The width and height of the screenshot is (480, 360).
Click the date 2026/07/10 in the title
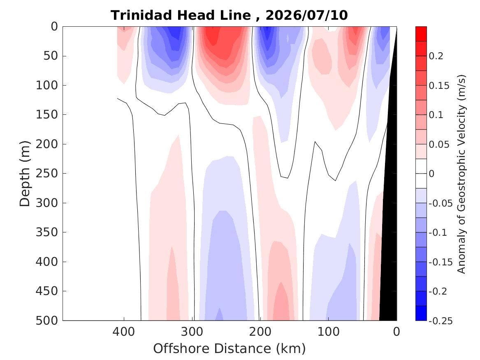(x=306, y=15)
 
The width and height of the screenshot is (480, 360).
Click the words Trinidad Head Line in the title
(x=181, y=15)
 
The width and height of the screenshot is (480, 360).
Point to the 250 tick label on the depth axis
(x=47, y=173)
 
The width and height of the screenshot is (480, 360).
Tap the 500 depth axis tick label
(x=47, y=321)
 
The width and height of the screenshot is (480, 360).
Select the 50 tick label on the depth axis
(x=51, y=56)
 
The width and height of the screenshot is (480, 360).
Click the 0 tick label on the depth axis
(x=54, y=27)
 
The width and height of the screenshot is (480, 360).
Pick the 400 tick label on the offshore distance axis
(x=124, y=332)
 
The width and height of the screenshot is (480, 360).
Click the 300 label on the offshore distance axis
(x=192, y=332)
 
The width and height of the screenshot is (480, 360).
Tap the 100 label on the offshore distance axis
(x=329, y=332)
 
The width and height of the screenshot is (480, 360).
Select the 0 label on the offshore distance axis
(x=397, y=332)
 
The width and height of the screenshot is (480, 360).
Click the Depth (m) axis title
(x=25, y=174)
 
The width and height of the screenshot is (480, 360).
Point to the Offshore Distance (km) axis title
(x=230, y=348)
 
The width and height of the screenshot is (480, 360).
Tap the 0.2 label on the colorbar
(x=436, y=56)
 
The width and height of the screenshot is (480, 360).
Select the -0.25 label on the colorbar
(x=441, y=321)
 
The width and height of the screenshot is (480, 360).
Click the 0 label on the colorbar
(x=431, y=174)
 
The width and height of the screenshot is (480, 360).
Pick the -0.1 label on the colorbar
(x=438, y=232)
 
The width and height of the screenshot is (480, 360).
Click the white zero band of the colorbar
(x=421, y=174)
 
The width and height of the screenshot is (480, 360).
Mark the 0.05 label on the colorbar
(x=439, y=144)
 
